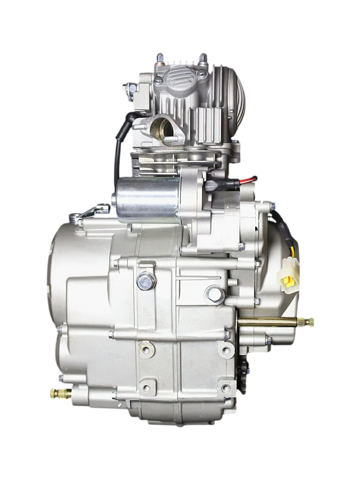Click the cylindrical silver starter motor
(148, 199)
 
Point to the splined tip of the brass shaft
(307, 321)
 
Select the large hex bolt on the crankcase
(146, 281)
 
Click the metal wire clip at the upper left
(92, 213)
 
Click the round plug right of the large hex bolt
(214, 294)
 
